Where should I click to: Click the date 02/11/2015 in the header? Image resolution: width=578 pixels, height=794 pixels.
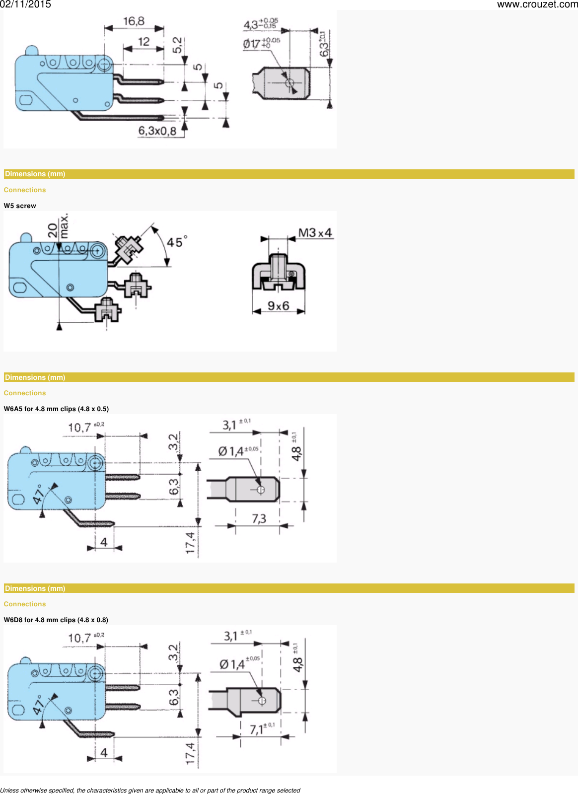click(25, 4)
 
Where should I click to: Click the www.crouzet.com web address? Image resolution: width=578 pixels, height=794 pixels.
click(537, 4)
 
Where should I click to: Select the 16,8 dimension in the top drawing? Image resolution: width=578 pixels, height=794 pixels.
click(134, 21)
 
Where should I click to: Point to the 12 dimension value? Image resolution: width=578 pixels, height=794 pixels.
click(144, 42)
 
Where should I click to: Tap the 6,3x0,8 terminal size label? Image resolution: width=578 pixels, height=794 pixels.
click(157, 131)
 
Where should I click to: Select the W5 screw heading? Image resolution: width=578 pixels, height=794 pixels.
click(20, 206)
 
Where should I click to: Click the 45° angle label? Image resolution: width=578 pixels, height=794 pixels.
click(176, 242)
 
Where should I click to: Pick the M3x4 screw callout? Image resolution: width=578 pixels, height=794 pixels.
click(315, 232)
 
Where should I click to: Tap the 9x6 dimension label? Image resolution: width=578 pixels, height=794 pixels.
click(278, 306)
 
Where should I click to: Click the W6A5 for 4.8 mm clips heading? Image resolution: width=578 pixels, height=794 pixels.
click(56, 409)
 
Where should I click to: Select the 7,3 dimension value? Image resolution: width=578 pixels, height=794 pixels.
click(259, 519)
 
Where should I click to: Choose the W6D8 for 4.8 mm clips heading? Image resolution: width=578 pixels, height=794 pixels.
click(56, 620)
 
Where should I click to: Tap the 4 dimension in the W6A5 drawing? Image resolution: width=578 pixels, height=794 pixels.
click(104, 542)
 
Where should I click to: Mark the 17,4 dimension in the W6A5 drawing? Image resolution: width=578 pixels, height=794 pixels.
click(190, 543)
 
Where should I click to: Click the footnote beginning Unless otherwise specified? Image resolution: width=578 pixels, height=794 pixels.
click(150, 790)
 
